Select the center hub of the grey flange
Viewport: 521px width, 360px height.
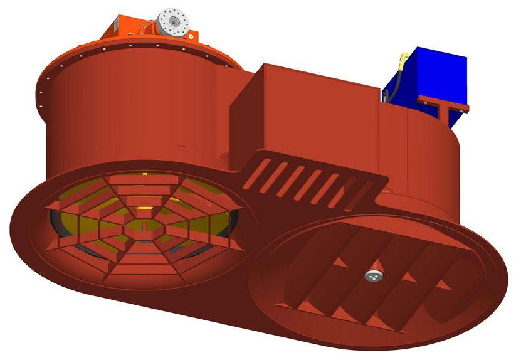tap(172, 21)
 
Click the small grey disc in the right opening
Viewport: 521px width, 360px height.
tap(374, 275)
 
